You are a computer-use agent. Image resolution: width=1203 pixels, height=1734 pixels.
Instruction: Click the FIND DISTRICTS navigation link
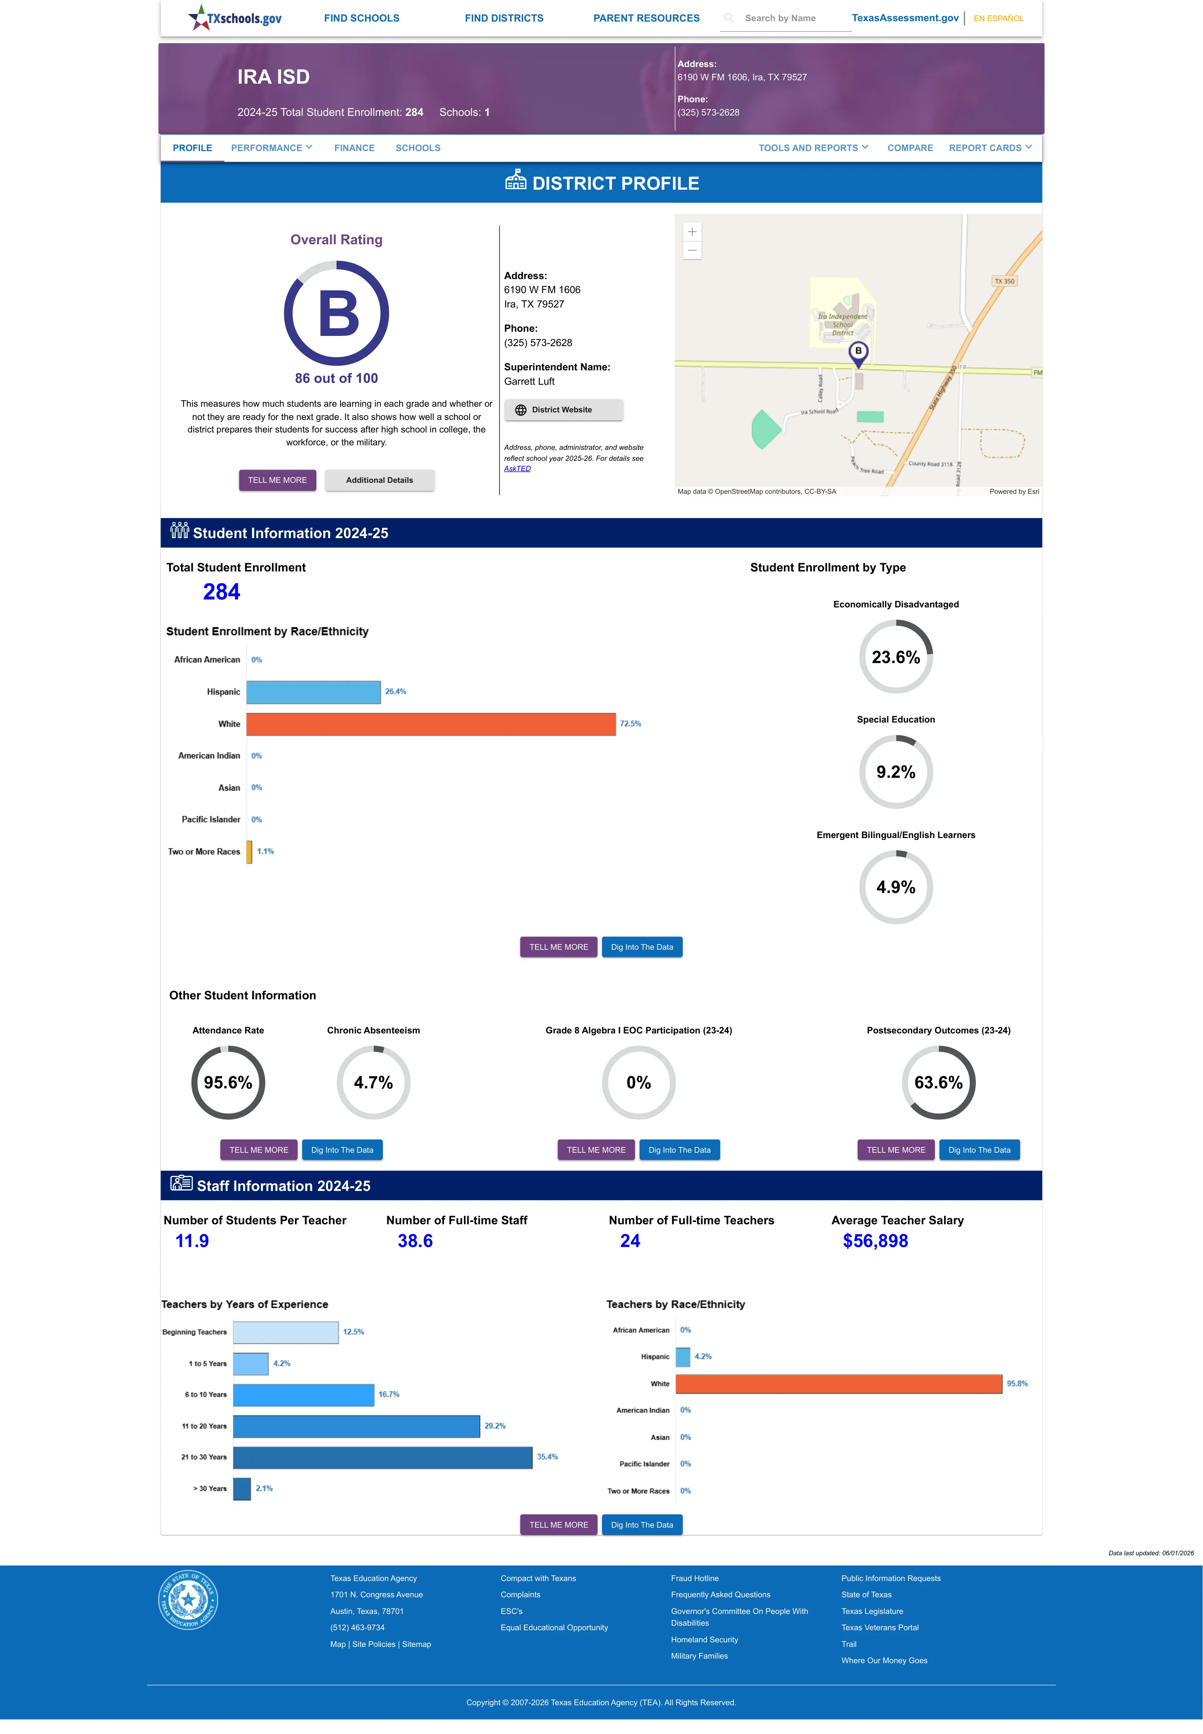coord(504,18)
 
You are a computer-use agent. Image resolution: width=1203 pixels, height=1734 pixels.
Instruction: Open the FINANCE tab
coord(354,148)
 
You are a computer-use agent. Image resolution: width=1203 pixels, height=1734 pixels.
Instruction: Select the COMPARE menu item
coord(910,148)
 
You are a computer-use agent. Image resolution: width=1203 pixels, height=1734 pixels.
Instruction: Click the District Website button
coord(563,410)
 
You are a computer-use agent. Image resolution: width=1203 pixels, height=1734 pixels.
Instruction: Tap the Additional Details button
coord(379,480)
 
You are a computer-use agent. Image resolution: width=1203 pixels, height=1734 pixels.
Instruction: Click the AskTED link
coord(517,469)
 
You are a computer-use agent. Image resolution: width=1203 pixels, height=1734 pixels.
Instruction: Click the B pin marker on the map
coord(858,353)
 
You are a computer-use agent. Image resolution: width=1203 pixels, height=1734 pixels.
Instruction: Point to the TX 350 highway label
coord(1004,281)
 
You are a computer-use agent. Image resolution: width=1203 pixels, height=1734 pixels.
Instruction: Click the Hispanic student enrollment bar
coord(314,692)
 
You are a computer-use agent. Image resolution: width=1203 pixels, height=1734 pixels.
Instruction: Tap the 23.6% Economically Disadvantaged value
coord(896,657)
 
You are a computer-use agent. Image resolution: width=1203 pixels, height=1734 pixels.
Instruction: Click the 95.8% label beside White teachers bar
coord(1017,1384)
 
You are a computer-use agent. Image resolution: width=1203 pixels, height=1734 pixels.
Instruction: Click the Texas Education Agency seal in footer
coord(189,1600)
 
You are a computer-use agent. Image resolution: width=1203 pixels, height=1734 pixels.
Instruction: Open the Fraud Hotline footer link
coord(694,1578)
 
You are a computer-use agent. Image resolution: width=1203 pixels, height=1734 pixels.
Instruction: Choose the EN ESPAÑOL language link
coord(998,18)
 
